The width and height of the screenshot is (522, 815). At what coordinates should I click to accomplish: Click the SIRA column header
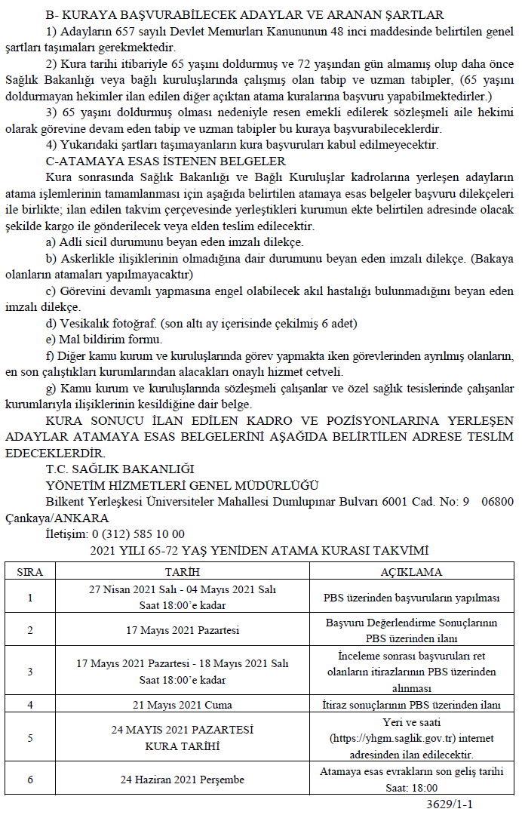tap(30, 572)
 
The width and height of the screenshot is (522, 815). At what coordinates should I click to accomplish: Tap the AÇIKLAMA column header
tap(411, 572)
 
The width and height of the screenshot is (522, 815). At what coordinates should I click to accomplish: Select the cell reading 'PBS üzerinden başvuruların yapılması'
tap(411, 598)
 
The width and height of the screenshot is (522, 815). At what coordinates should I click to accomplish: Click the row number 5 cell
tap(30, 737)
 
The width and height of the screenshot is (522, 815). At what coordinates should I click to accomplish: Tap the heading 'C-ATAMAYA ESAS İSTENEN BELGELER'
tap(165, 161)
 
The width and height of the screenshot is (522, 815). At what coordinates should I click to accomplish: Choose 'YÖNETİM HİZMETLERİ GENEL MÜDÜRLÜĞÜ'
tap(182, 485)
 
